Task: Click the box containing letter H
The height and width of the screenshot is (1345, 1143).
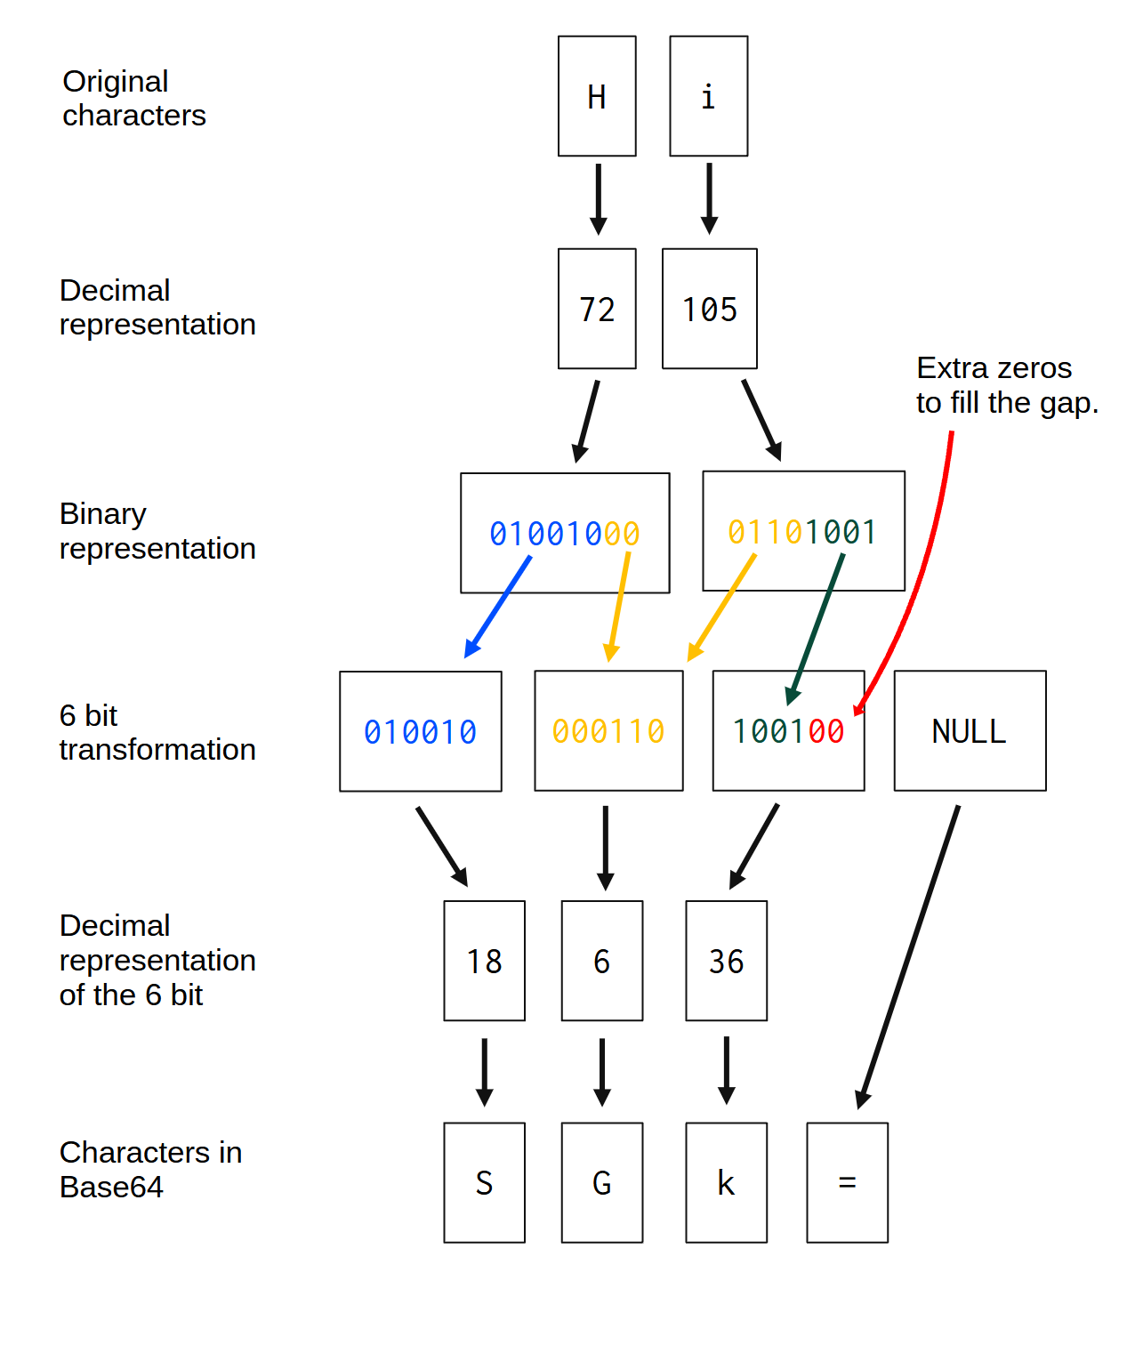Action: tap(597, 96)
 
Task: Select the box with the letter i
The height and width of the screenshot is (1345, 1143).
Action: tap(708, 96)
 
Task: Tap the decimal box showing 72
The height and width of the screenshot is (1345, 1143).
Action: tap(597, 309)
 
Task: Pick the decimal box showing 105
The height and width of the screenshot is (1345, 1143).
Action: tap(709, 309)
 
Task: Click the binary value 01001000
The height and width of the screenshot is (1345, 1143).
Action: tap(565, 534)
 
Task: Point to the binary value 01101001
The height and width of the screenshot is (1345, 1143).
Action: tap(802, 532)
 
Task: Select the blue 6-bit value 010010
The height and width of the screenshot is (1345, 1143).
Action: tap(420, 732)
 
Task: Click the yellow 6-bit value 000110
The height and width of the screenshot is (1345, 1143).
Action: tap(608, 731)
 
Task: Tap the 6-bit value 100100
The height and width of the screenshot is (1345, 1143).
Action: tap(788, 731)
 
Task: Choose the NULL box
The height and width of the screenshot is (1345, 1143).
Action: tap(970, 731)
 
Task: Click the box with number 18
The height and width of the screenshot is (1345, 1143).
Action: tap(484, 961)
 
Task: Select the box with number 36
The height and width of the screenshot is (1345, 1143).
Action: tap(726, 961)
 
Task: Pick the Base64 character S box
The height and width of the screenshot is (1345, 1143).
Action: tap(484, 1183)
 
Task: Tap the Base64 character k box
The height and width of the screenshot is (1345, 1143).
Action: tap(726, 1183)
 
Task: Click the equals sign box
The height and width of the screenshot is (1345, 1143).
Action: tap(847, 1183)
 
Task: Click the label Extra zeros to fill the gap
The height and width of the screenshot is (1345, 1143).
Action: tap(1007, 385)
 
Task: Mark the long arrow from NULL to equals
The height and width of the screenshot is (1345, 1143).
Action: tap(909, 956)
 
